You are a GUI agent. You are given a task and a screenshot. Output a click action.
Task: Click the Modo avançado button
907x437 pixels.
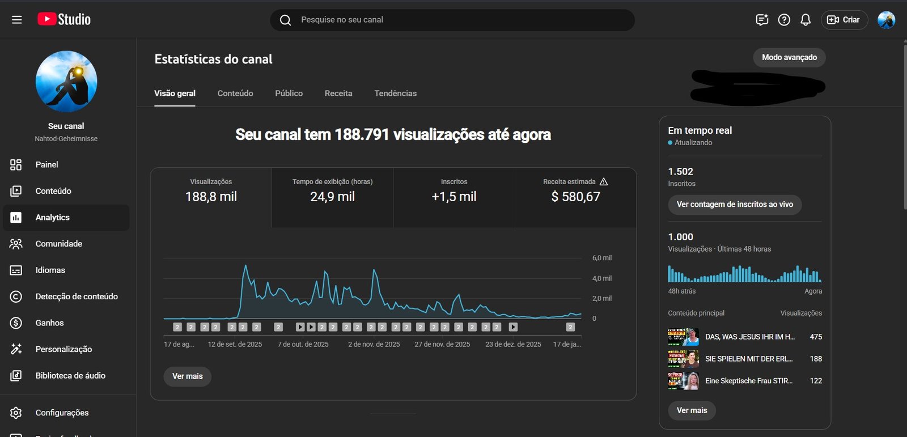point(789,57)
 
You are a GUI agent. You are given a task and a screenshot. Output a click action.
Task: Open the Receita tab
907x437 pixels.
point(338,94)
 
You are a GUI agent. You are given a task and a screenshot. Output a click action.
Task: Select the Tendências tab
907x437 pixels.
point(395,94)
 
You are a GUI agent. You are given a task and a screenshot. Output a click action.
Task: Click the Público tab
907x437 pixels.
point(289,94)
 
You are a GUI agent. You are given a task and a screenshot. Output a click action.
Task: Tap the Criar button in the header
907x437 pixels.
point(844,20)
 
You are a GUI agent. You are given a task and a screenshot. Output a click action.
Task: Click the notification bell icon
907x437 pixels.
point(806,20)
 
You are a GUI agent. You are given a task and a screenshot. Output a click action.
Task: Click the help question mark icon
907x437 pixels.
point(784,20)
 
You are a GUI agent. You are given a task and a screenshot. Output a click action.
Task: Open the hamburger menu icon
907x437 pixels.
point(17,20)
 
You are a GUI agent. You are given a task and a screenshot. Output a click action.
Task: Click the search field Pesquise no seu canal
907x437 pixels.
point(453,20)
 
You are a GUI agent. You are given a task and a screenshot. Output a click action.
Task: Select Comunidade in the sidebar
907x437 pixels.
point(59,244)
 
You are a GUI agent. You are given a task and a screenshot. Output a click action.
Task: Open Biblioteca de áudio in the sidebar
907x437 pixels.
point(70,376)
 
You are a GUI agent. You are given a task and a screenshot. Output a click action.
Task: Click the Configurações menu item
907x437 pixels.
point(62,413)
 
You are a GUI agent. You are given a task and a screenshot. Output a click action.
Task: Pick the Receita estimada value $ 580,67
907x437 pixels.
point(575,197)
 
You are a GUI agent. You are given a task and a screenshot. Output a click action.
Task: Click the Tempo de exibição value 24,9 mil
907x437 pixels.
point(332,197)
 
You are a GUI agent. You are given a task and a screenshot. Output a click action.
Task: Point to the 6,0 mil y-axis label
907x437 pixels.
point(601,258)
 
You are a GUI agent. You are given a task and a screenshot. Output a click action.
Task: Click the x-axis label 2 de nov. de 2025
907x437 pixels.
point(374,344)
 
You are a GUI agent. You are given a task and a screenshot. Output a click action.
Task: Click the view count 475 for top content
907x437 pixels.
point(816,337)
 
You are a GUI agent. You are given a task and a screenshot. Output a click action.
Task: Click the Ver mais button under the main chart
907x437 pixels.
point(187,376)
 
